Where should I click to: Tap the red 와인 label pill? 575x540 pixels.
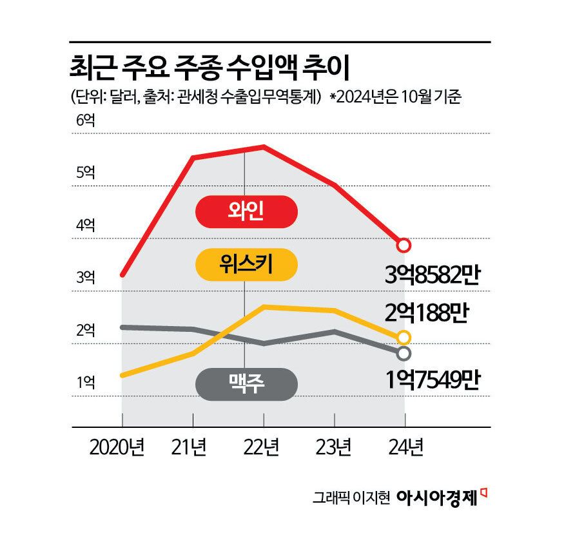(246, 212)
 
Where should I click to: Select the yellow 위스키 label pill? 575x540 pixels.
(246, 264)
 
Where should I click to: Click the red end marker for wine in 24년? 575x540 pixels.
(404, 245)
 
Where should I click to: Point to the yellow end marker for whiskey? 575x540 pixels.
(404, 337)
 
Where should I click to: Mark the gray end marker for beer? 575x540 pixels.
(404, 353)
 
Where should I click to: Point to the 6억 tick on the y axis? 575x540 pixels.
(85, 120)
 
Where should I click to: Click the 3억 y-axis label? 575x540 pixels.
(85, 278)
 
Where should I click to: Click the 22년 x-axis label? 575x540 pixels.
(263, 447)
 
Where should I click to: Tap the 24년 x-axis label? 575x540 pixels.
(404, 447)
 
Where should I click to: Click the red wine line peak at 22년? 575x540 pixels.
(264, 147)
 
